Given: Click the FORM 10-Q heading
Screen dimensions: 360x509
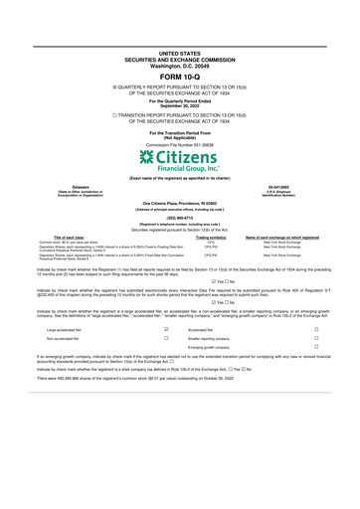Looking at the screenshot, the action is pos(179,76).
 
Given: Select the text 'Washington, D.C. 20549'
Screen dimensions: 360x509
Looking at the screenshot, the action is pos(179,63).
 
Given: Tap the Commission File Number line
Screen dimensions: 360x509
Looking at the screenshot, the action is pos(179,144).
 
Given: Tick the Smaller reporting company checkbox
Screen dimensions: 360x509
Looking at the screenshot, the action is pos(315,395).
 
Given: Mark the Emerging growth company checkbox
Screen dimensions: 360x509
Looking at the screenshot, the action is pos(315,406).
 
